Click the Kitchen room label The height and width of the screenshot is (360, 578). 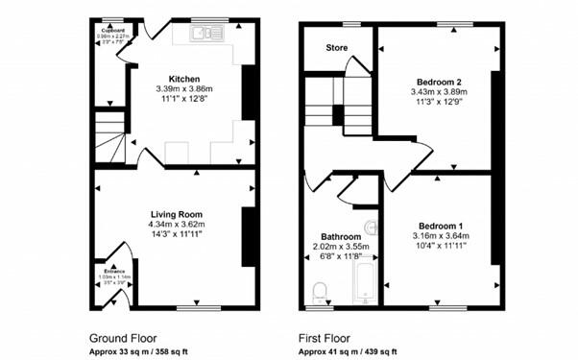tap(183, 79)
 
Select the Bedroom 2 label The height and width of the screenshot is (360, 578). tap(437, 82)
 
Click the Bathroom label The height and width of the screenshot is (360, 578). tap(341, 236)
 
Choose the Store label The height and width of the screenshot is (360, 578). tap(335, 47)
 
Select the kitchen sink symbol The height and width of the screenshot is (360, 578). tap(207, 34)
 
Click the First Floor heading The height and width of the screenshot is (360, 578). tap(325, 338)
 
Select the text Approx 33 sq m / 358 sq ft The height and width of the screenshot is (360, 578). tap(140, 351)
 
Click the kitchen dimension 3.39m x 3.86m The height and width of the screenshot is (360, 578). tap(183, 89)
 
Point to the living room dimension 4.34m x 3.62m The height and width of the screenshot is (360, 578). tap(174, 225)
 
